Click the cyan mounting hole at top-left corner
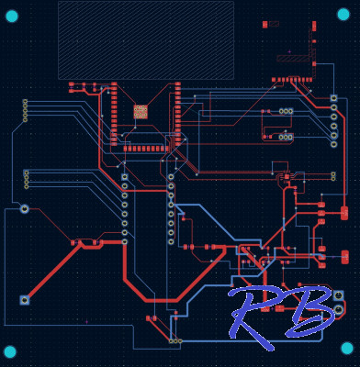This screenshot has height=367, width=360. [x=11, y=16]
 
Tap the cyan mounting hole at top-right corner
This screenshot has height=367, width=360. [x=343, y=14]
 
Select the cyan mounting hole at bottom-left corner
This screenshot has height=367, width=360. [x=10, y=351]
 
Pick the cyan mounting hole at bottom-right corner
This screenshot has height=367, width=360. [x=346, y=348]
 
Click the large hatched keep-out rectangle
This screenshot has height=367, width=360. [x=145, y=39]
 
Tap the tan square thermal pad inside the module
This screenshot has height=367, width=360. [x=141, y=112]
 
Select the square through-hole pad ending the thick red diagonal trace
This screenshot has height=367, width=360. [x=25, y=300]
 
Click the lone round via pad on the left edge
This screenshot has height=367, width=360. [x=25, y=209]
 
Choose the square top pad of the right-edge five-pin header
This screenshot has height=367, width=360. [x=333, y=98]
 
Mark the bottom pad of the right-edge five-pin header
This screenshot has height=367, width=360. [x=333, y=144]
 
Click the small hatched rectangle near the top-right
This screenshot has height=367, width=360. [x=294, y=58]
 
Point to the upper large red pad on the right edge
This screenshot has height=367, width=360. [x=344, y=213]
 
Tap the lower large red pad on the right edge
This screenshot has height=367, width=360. [x=344, y=257]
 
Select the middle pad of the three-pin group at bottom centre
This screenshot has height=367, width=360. [x=174, y=340]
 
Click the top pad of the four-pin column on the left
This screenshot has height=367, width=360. [x=25, y=102]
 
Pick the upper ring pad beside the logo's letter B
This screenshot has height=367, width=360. [x=338, y=295]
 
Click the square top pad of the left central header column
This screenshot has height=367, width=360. [x=125, y=177]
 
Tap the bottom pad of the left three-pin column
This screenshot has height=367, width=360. [x=26, y=186]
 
